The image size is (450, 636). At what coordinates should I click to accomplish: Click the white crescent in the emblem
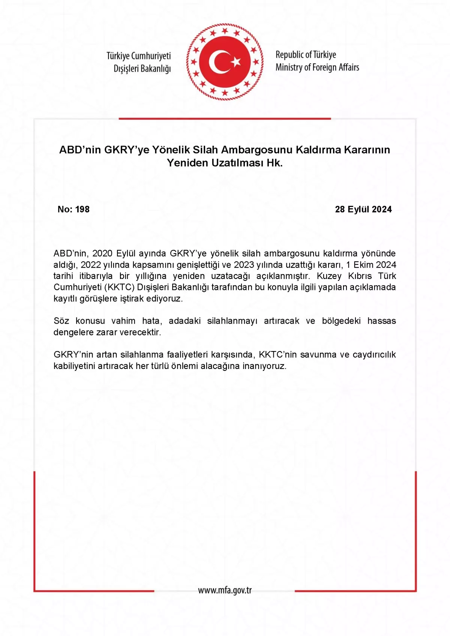click(x=216, y=62)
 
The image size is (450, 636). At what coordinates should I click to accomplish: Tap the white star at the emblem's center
click(x=235, y=61)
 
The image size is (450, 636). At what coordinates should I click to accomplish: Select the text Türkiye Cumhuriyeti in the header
click(x=138, y=56)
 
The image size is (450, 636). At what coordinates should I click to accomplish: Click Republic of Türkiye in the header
click(x=306, y=55)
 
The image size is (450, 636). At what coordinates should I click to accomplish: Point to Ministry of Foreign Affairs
click(x=317, y=67)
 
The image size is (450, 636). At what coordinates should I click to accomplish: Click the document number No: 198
click(x=73, y=209)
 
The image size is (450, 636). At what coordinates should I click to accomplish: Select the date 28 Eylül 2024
click(x=363, y=209)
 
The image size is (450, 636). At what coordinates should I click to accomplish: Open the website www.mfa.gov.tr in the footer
click(x=225, y=591)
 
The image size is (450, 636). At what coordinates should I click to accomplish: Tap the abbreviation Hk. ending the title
click(x=274, y=163)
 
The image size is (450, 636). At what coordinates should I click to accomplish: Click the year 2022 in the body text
click(x=91, y=265)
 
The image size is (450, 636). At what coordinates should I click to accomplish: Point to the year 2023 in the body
click(x=244, y=265)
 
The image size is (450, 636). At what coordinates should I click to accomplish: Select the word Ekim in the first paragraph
click(x=363, y=265)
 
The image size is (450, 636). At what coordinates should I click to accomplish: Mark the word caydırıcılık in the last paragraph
click(x=374, y=355)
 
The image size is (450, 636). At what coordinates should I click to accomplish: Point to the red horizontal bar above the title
click(x=225, y=118)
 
